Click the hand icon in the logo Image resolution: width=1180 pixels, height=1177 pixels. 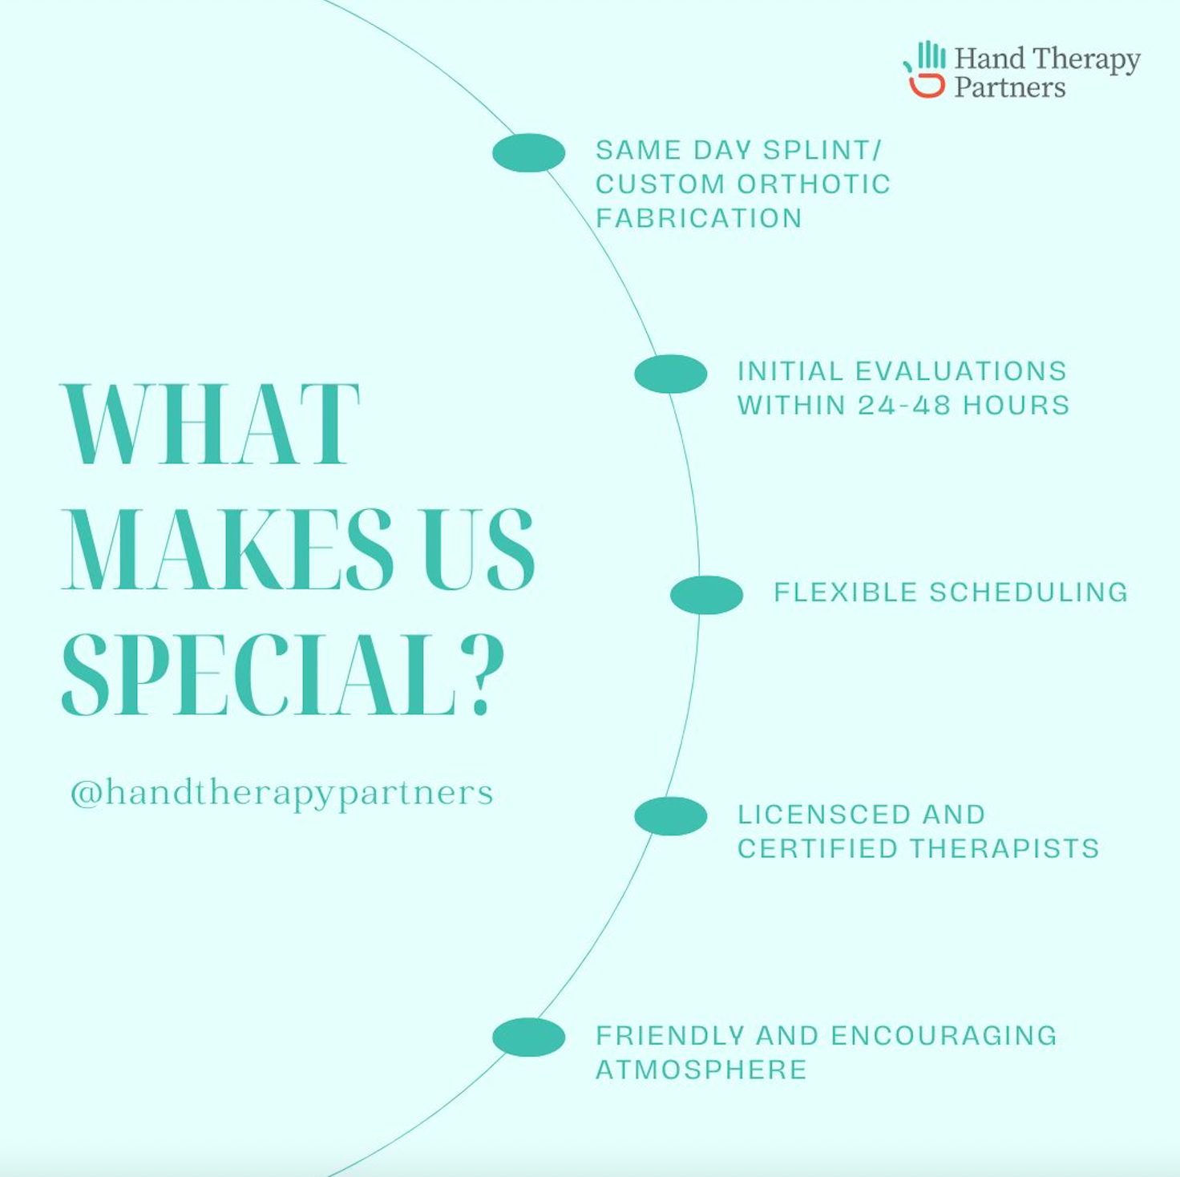(924, 69)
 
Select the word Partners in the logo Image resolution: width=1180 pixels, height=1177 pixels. (1010, 87)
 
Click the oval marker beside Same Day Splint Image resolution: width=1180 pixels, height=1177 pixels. (528, 152)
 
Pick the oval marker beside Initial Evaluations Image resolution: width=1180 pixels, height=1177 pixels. (670, 374)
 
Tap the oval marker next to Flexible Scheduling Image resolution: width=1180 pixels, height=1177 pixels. (707, 595)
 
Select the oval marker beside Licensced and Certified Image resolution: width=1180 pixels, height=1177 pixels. (670, 816)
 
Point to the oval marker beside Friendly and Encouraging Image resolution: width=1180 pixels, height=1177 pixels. (528, 1037)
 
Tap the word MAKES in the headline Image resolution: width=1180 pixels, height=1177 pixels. (228, 549)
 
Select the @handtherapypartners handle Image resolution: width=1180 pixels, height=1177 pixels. (281, 793)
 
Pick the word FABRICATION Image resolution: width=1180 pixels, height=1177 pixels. (699, 219)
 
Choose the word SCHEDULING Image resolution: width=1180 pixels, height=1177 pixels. (1028, 593)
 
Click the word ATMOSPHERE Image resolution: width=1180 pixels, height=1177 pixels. (701, 1070)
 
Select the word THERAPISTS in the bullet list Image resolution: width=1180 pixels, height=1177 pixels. (1004, 849)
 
